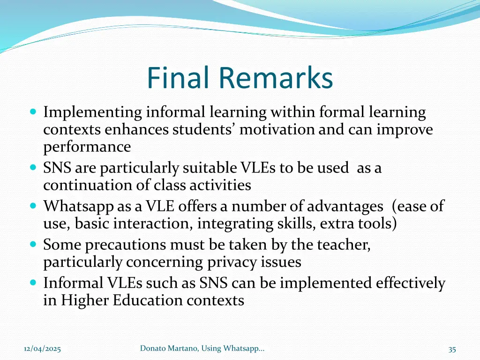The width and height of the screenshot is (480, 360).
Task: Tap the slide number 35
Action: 452,349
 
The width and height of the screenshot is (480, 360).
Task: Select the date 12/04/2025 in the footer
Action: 42,349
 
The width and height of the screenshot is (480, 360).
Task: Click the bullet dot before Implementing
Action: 33,112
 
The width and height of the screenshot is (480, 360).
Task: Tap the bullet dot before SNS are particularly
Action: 33,168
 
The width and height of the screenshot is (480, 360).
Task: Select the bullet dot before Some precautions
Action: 33,245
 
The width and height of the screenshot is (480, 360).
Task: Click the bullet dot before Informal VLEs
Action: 33,283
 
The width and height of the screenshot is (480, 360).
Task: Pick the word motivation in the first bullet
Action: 277,130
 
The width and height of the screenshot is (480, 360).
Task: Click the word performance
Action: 87,147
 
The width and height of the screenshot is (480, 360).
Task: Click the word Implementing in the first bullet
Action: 92,112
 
